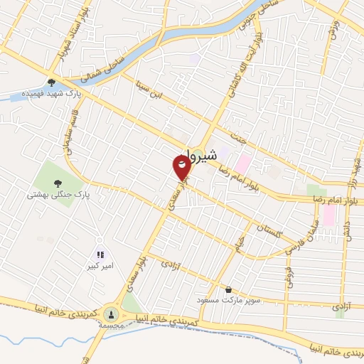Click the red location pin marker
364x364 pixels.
pos(182,167)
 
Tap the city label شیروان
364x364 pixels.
pos(193,153)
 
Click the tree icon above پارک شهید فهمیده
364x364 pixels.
pos(50,82)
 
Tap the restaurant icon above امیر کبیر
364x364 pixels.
pos(100,253)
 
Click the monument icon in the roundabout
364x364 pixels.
pos(111,313)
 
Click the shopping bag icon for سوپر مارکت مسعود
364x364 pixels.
pos(228,289)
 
